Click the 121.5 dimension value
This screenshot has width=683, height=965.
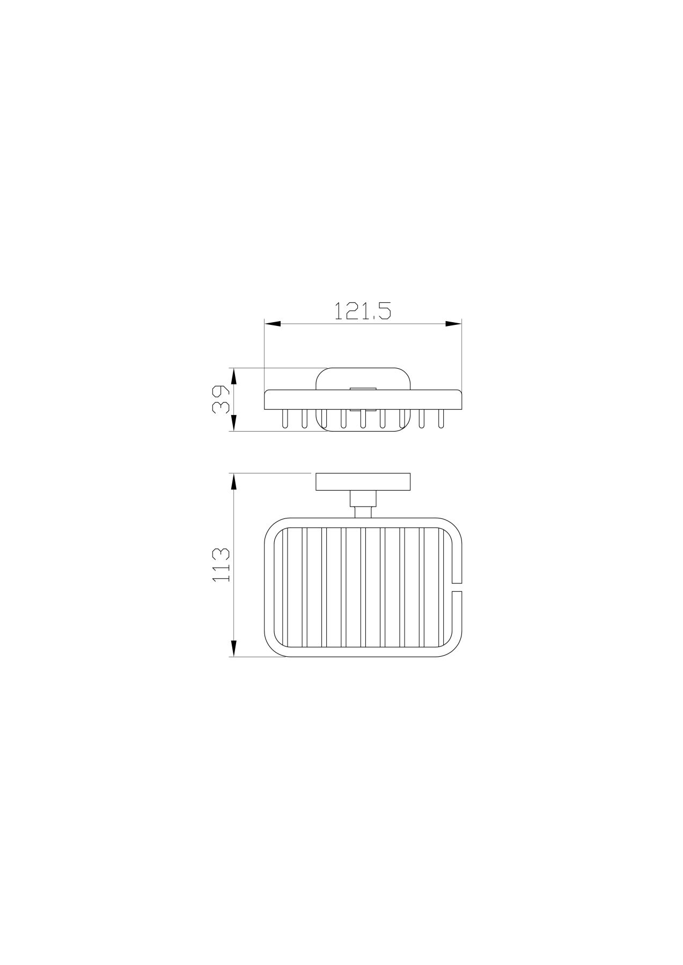tap(362, 310)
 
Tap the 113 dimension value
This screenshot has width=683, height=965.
tap(221, 565)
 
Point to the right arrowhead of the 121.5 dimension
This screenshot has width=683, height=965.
tap(453, 323)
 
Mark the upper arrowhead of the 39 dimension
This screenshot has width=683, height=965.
tap(233, 376)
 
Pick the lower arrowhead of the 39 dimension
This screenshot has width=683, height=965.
tap(233, 422)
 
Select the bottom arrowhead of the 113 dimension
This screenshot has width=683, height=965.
tap(233, 648)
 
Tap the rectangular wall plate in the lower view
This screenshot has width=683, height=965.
tap(363, 482)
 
